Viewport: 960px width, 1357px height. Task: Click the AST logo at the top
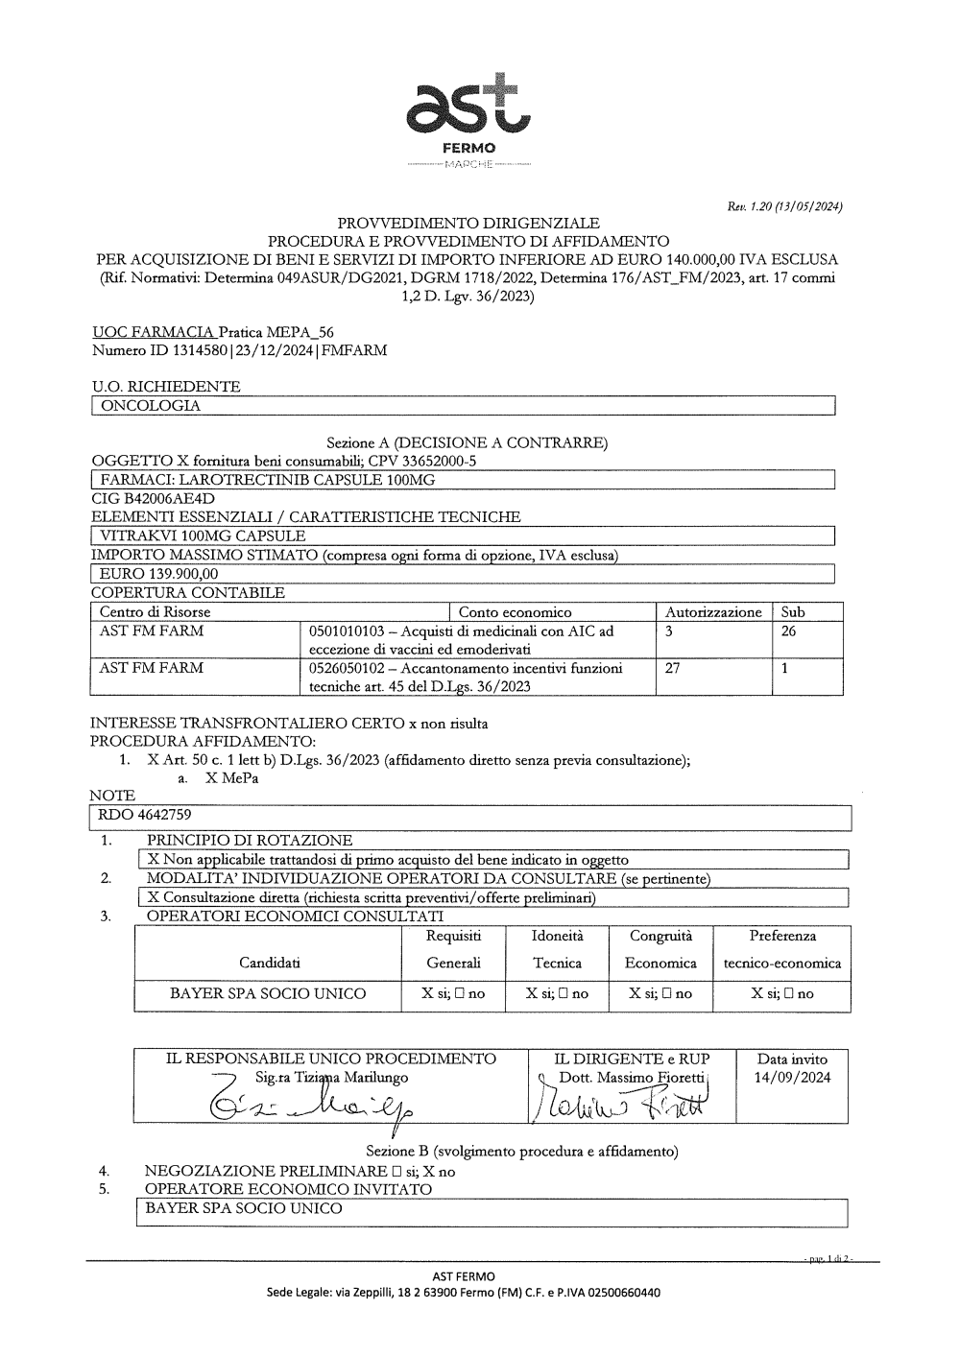coord(467,110)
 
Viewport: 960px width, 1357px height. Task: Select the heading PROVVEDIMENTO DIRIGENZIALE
coord(468,224)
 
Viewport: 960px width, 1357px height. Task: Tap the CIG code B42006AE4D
coord(153,499)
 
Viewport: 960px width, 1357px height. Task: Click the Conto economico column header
coord(515,611)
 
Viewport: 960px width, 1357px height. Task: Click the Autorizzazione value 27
coord(673,668)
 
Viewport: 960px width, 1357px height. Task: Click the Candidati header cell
coord(269,962)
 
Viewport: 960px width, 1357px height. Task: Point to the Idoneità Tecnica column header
coord(557,948)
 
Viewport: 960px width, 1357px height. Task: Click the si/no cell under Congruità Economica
coord(660,994)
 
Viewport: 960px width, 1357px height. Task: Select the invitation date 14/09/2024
coord(792,1077)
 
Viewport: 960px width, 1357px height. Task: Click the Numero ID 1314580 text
coord(239,350)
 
